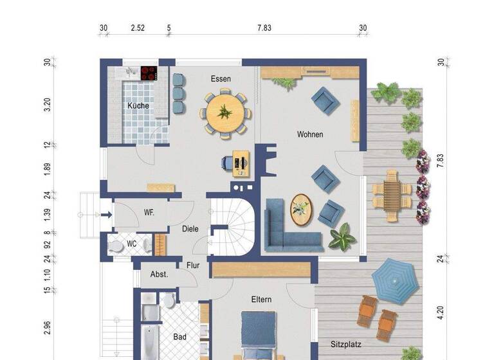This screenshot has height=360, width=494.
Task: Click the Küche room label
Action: [138, 105]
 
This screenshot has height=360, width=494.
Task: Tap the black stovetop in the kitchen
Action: [149, 73]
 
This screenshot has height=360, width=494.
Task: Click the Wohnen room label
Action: [309, 134]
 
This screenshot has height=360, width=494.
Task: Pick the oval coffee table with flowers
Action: [300, 209]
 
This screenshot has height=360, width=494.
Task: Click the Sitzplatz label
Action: [347, 343]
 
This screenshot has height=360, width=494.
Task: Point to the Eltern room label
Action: [261, 300]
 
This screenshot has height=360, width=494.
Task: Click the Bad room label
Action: [179, 336]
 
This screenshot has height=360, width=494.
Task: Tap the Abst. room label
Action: [159, 274]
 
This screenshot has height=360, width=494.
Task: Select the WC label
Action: [131, 244]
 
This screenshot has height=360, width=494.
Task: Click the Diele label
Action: [190, 229]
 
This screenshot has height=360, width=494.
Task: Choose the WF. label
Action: [149, 212]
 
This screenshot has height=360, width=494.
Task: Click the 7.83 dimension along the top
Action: [264, 28]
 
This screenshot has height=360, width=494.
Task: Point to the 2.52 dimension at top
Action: [137, 28]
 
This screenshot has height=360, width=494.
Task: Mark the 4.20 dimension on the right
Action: [441, 312]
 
